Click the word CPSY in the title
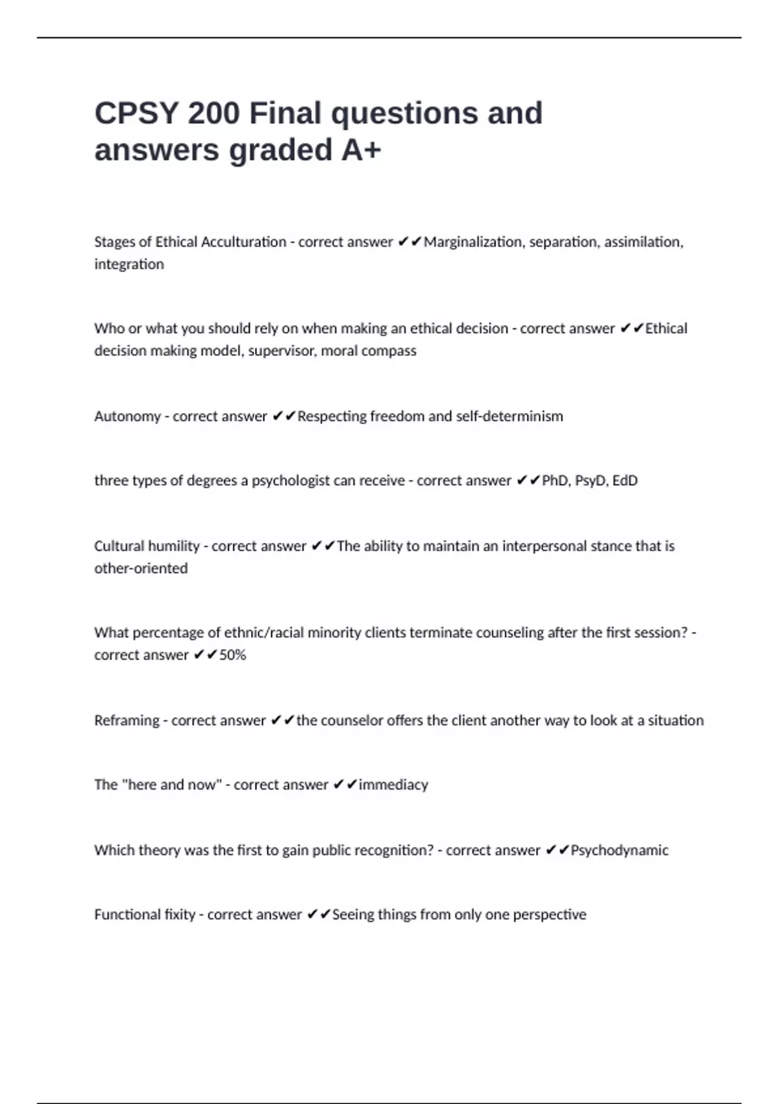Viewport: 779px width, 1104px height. tap(136, 114)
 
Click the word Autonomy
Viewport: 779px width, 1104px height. tap(127, 416)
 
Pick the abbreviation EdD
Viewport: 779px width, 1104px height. tap(625, 481)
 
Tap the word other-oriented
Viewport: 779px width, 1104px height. tap(141, 568)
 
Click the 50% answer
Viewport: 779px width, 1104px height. tap(232, 655)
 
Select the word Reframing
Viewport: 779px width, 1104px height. tap(127, 721)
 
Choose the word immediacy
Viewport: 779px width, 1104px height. tap(393, 785)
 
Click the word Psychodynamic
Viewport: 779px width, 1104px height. tap(619, 851)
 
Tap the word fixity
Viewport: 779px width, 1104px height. tap(180, 915)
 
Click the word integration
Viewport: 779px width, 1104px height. tap(129, 264)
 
